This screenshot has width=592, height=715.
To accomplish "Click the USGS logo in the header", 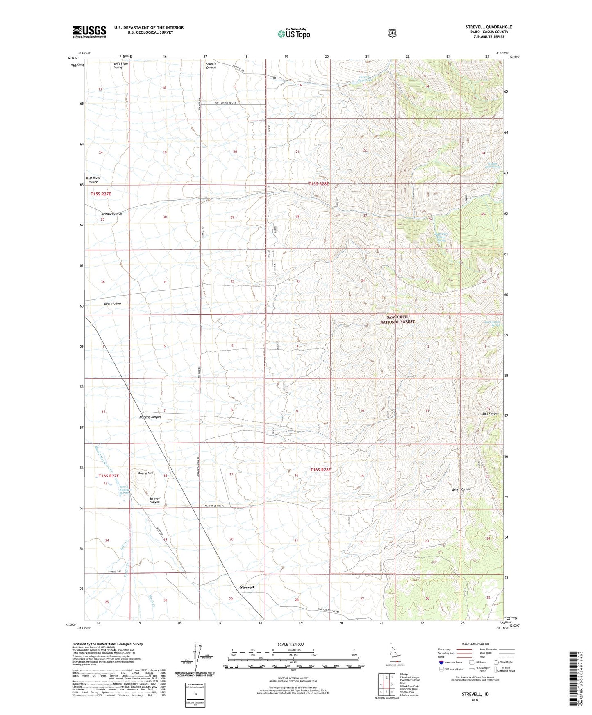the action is (x=89, y=32).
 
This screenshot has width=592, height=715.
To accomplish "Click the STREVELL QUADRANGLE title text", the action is (x=488, y=27).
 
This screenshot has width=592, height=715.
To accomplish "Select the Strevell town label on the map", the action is (x=247, y=587).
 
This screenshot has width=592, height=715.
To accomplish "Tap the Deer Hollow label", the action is (x=112, y=303).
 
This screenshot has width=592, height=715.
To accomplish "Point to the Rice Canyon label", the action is (x=490, y=414).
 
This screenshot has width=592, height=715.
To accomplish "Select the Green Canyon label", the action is (x=461, y=489).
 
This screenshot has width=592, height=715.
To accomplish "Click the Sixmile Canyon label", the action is (x=211, y=66).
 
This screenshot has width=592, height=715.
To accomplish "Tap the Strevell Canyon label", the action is (x=154, y=500).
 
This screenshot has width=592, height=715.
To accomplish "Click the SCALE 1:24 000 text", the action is (x=291, y=645).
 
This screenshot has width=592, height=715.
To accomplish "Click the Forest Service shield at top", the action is (x=392, y=33).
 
